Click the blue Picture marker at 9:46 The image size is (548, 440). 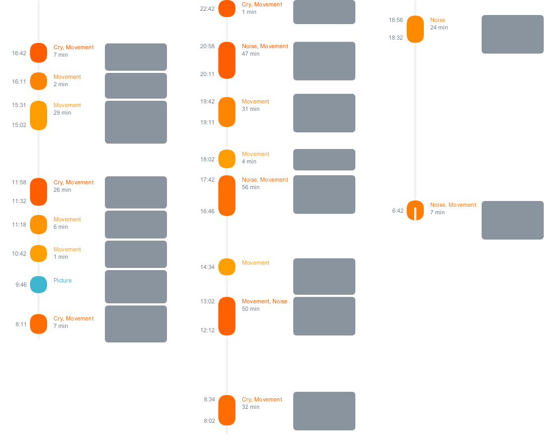[x=39, y=284]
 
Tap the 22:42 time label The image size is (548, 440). [x=207, y=9]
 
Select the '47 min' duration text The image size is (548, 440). [x=250, y=54]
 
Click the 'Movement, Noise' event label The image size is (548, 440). [x=264, y=301]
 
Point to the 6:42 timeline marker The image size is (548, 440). [x=415, y=210]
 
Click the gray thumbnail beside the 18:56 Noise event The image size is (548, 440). [x=512, y=34]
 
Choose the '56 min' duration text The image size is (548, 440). [x=250, y=187]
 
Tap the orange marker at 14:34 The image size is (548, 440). [x=227, y=267]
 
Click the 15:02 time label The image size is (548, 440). [x=19, y=125]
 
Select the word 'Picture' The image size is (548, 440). [x=63, y=280]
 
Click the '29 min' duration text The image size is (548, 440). [x=62, y=113]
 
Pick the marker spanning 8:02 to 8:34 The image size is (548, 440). [x=227, y=410]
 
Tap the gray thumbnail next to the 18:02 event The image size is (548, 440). [x=324, y=160]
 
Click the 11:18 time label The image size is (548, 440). [x=19, y=225]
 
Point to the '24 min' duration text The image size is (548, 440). [x=439, y=27]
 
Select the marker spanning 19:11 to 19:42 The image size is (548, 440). [x=227, y=112]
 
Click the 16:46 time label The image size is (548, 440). [x=207, y=211]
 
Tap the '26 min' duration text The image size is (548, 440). [x=62, y=190]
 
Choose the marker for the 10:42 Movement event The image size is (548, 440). [x=39, y=253]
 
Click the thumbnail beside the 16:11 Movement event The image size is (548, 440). [x=135, y=86]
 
